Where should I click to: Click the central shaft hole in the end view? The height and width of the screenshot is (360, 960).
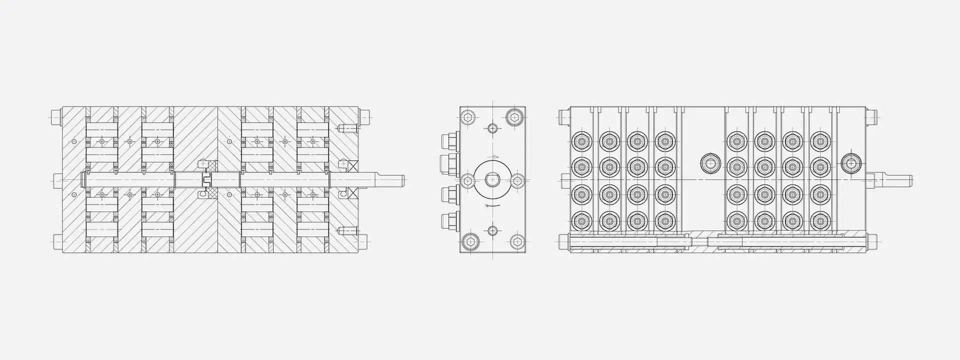point(492,179)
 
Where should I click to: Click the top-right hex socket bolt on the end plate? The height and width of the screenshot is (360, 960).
point(514,118)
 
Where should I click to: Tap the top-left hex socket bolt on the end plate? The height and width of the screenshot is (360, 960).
point(467,118)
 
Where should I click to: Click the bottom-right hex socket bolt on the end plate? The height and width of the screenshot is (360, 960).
point(516,242)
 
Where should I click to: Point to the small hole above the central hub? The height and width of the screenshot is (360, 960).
point(493,128)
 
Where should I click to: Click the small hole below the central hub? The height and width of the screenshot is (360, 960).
point(493,230)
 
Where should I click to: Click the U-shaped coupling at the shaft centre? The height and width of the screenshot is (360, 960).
point(205,179)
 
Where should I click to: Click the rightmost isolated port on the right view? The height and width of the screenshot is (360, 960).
point(849,162)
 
